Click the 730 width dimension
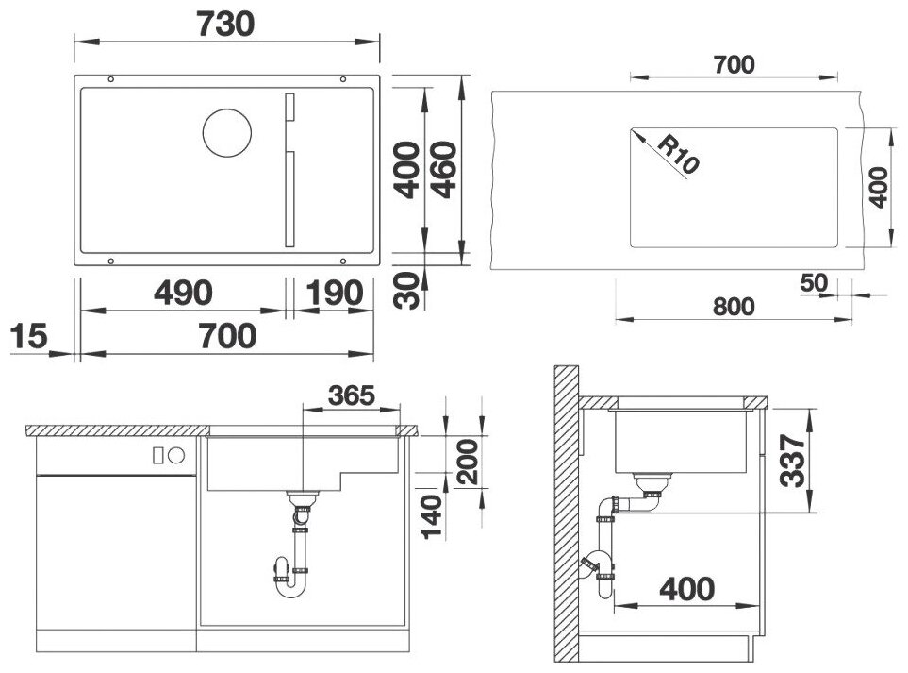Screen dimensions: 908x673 (x=226, y=25)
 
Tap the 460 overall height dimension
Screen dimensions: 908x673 (x=444, y=170)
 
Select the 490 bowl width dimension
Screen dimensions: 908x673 (x=183, y=293)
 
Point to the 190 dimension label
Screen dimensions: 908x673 (x=334, y=293)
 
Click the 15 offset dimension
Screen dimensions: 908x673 (x=28, y=336)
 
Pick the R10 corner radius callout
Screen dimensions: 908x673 (x=678, y=154)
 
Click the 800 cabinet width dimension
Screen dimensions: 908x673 (x=734, y=307)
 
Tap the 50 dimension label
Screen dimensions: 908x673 (x=814, y=283)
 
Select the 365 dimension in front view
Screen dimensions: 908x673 (x=352, y=395)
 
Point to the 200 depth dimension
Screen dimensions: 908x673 (x=468, y=462)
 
